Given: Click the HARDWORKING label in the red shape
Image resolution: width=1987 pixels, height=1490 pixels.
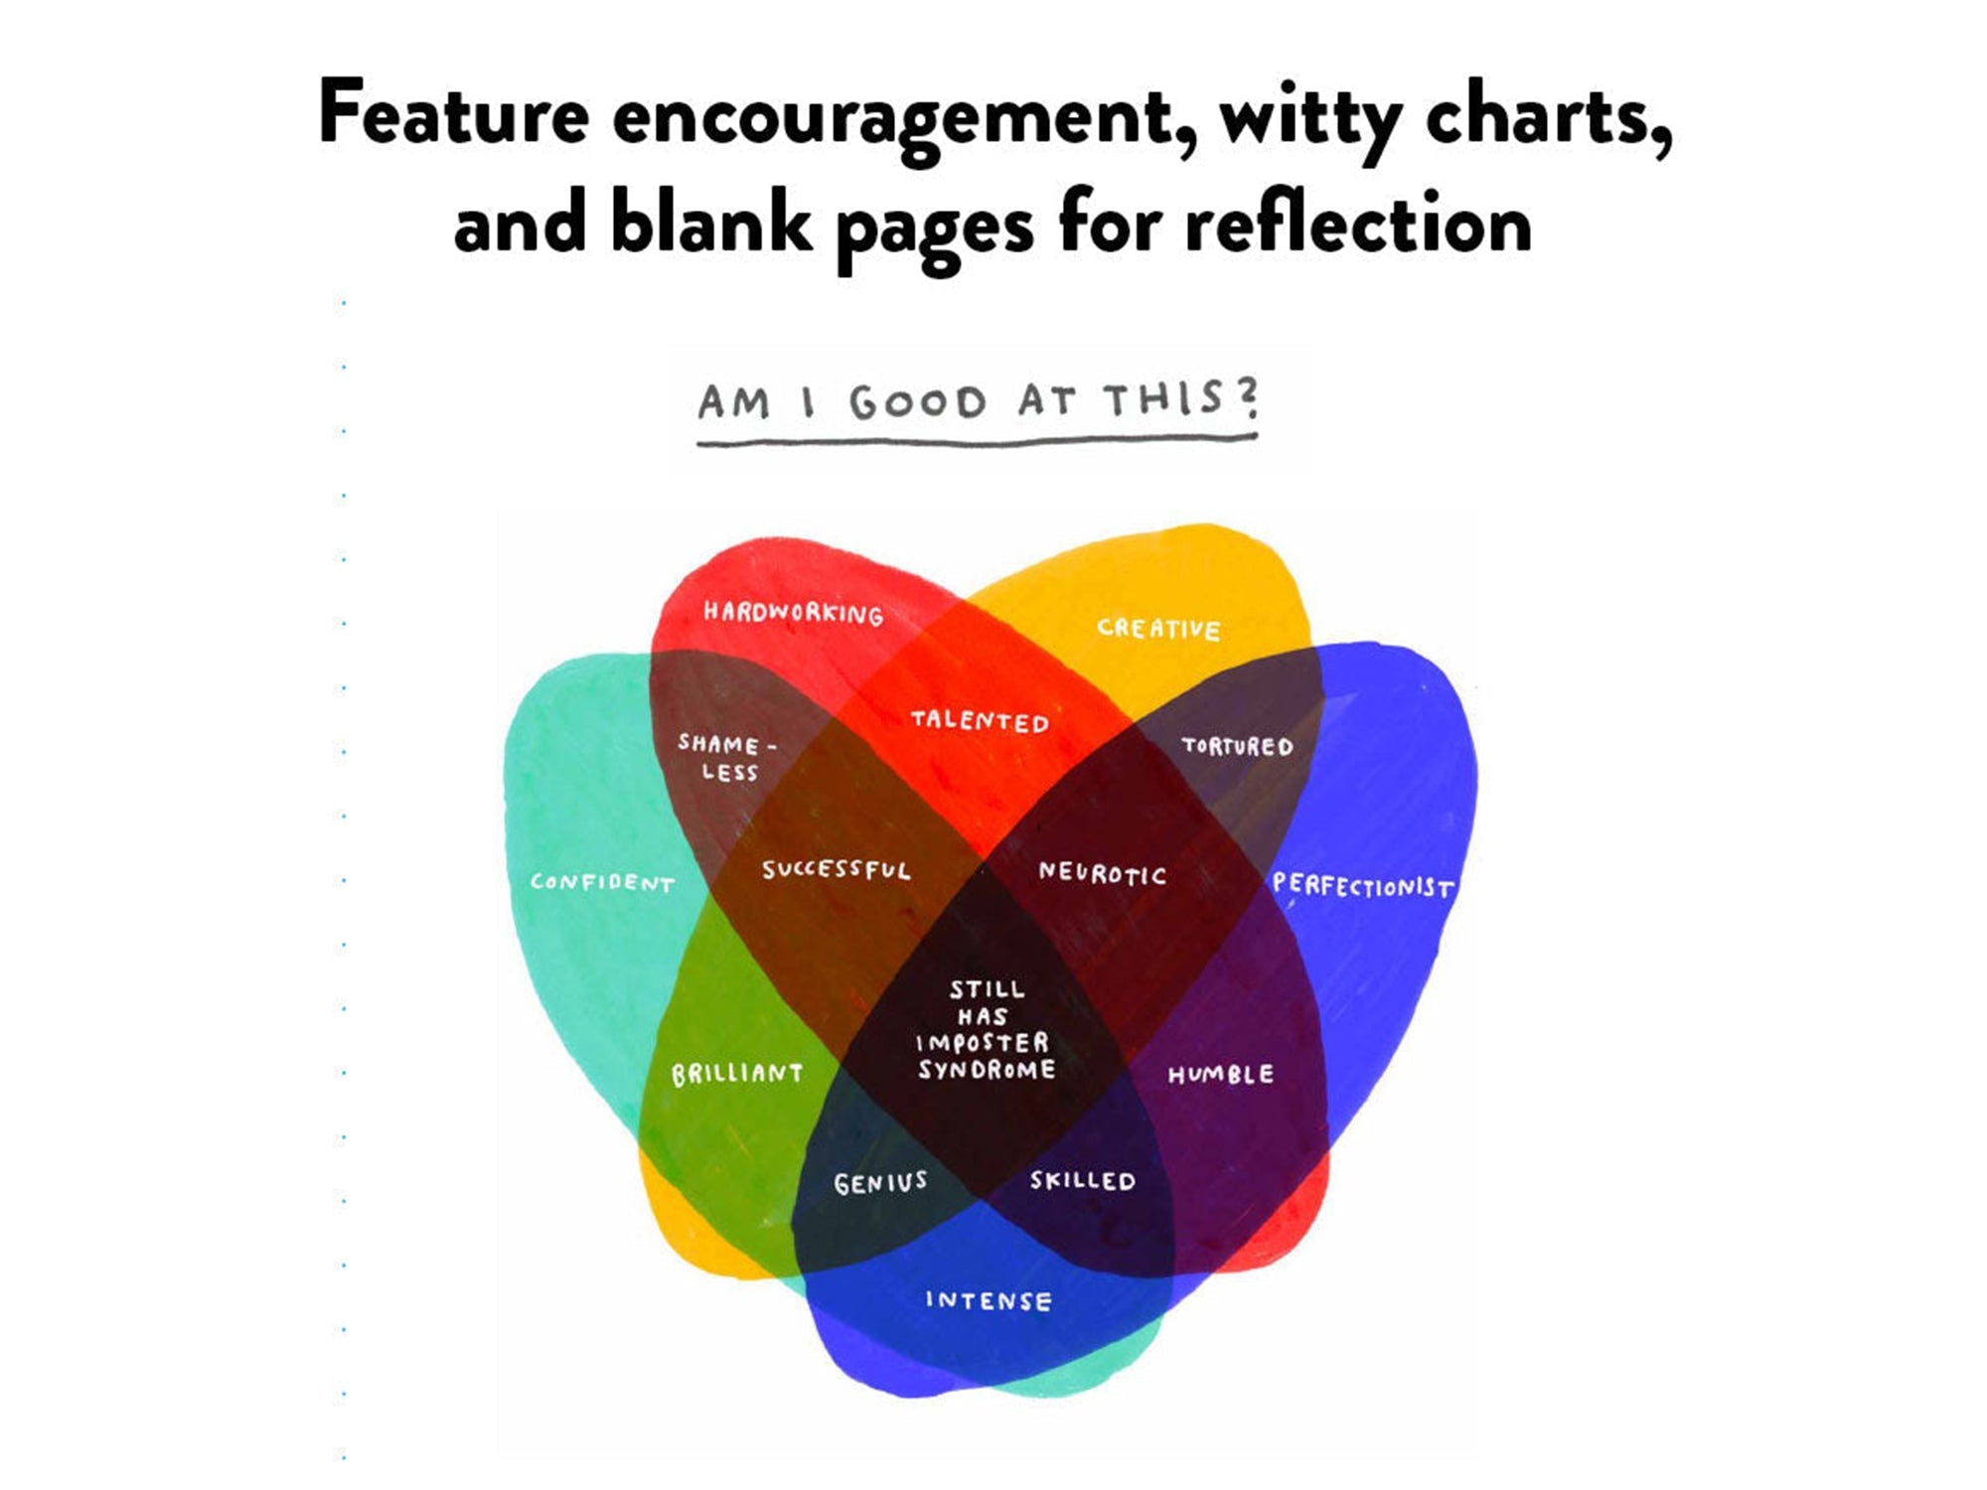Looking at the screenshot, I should tap(793, 612).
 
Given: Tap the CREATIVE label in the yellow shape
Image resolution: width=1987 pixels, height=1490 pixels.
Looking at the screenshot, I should tap(1158, 628).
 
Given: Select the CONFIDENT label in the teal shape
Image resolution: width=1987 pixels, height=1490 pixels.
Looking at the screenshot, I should tap(602, 882).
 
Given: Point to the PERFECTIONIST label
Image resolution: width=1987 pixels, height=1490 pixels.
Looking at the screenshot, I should tap(1363, 885).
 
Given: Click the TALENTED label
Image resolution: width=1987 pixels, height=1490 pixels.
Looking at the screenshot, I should tap(980, 721).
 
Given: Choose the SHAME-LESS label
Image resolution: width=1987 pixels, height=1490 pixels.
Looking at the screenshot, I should tap(729, 757).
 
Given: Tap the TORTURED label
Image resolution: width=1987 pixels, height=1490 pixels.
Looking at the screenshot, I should tap(1237, 746).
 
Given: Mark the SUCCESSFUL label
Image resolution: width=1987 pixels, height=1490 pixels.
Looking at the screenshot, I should tap(836, 870).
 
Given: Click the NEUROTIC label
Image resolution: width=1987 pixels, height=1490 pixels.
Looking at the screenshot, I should tap(1102, 873).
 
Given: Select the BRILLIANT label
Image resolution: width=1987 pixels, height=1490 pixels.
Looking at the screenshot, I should tap(737, 1074).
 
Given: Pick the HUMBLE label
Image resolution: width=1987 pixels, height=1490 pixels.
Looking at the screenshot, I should tap(1220, 1074).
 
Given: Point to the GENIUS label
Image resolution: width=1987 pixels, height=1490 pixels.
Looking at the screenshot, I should tap(880, 1182).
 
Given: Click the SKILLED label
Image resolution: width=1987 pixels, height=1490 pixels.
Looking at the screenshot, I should tap(1082, 1180).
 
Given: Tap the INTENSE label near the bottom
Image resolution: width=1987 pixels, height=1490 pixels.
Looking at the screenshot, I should tap(988, 1300).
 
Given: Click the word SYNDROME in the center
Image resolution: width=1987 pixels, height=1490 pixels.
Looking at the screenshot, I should tap(987, 1070).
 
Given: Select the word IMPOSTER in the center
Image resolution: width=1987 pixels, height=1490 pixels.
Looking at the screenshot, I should tap(983, 1042).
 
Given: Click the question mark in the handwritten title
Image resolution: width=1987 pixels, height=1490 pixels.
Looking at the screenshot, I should tap(1248, 397).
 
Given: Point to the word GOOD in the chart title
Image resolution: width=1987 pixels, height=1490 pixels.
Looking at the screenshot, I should tap(917, 403).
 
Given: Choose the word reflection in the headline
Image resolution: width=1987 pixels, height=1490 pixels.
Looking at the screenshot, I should tap(1357, 224).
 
